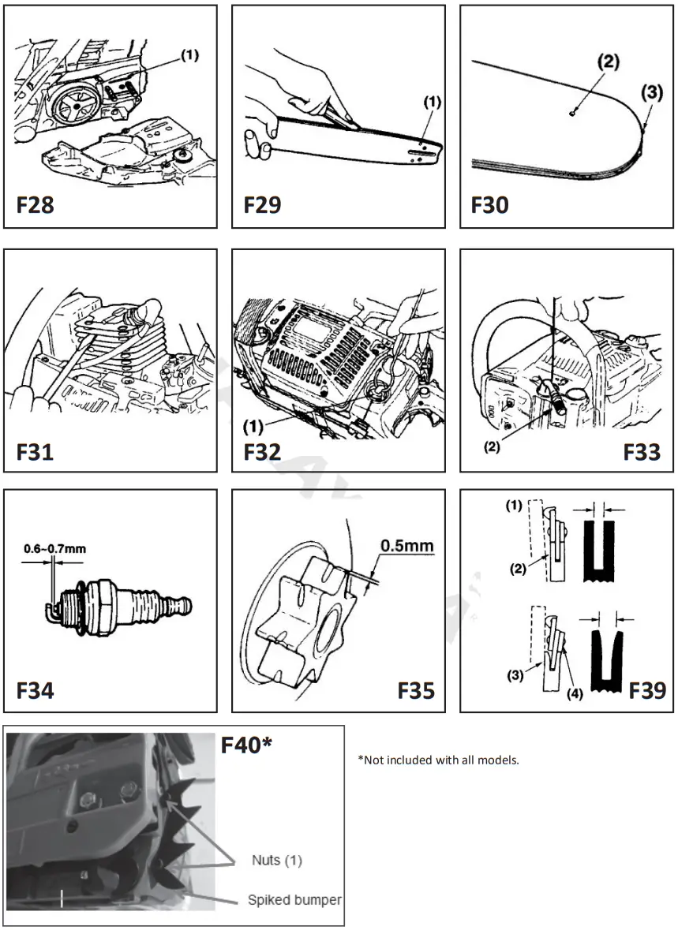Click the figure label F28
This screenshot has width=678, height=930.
click(x=36, y=205)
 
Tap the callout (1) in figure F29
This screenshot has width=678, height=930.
click(x=433, y=102)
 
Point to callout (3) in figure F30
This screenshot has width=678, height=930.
click(x=652, y=92)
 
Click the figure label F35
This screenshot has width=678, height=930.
click(x=415, y=690)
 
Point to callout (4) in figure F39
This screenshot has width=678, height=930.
click(x=575, y=695)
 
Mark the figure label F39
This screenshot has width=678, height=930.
click(x=647, y=690)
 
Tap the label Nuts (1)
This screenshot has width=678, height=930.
click(x=277, y=859)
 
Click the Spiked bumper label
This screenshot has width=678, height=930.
click(x=294, y=900)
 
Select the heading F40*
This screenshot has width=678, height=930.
click(x=246, y=745)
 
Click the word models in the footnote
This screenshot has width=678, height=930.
click(x=500, y=760)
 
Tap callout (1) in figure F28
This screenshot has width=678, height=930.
click(x=189, y=55)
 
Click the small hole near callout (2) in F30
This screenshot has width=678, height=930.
click(x=572, y=113)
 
